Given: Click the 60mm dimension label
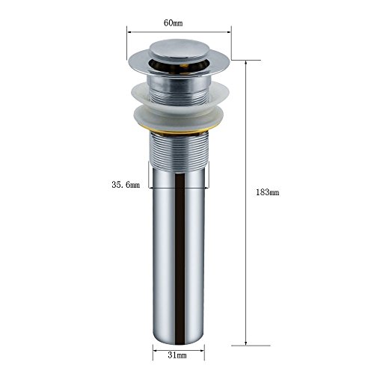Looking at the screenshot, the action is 173,23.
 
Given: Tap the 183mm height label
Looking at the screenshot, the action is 268,192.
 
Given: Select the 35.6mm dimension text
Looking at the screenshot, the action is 126,185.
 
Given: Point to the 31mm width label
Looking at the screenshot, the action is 177,355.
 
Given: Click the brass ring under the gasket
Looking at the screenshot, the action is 178,131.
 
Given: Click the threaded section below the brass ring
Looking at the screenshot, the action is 178,152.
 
